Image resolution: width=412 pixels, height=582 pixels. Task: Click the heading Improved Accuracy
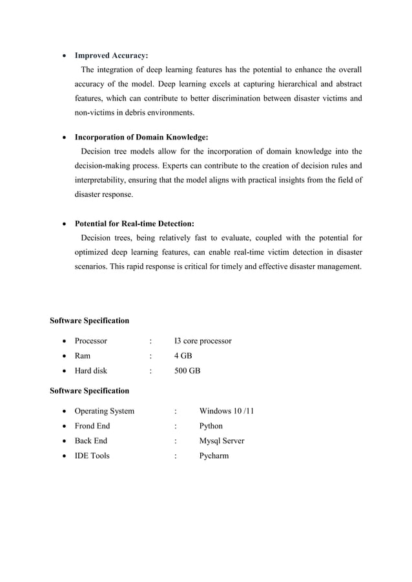click(111, 55)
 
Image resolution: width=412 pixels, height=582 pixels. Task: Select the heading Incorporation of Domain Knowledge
click(141, 137)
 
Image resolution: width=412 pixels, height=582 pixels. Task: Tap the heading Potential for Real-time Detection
click(134, 224)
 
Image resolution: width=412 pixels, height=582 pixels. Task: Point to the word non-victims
click(96, 112)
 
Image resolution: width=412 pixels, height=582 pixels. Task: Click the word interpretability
click(103, 180)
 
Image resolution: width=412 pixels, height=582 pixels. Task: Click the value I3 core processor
click(203, 341)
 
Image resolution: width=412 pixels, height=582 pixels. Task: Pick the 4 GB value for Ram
click(183, 356)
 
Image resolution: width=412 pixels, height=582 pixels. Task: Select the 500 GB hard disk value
click(187, 371)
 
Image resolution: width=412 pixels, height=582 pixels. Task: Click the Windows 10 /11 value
click(227, 411)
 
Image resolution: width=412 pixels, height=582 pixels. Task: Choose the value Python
click(211, 426)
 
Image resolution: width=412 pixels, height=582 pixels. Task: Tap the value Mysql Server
click(221, 441)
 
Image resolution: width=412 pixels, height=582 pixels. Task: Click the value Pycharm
click(214, 456)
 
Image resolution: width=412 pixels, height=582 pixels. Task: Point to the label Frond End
click(92, 426)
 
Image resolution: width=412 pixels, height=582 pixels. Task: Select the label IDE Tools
click(92, 456)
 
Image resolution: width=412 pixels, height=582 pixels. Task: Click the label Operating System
click(105, 411)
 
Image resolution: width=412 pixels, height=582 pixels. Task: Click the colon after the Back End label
click(175, 441)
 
